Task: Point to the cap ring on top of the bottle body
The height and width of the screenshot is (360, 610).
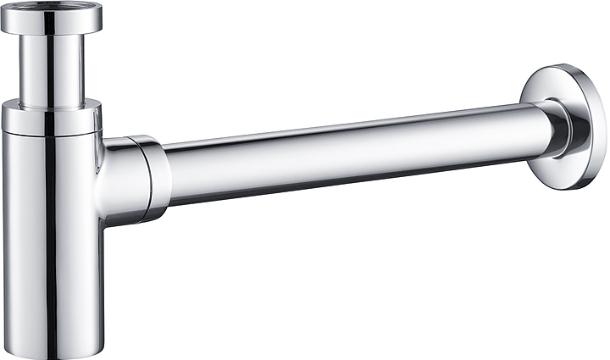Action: (51, 118)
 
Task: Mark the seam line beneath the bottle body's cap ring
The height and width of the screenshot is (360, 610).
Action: (51, 133)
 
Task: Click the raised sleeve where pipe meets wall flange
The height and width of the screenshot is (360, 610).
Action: (555, 127)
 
